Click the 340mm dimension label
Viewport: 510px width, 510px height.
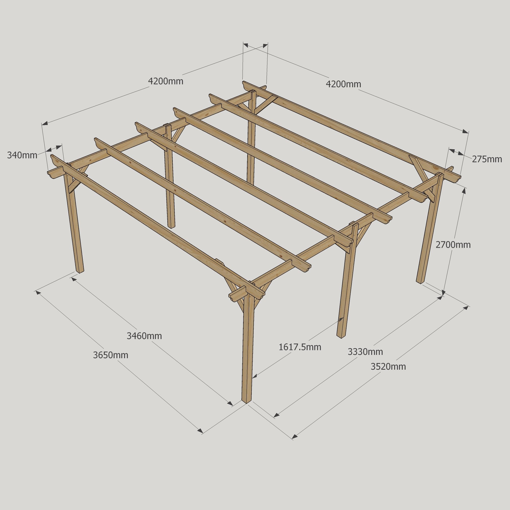[x=22, y=155]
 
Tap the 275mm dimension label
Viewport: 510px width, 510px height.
[x=487, y=159]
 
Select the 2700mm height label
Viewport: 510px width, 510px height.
[x=453, y=245]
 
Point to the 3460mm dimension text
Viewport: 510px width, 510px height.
[x=144, y=336]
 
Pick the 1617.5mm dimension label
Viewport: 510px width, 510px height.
[x=300, y=347]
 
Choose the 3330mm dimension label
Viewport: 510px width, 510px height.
[x=365, y=352]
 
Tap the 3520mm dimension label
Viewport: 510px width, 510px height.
[x=388, y=367]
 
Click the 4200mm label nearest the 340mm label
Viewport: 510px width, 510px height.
[x=166, y=81]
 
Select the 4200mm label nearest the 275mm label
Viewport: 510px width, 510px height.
[x=343, y=84]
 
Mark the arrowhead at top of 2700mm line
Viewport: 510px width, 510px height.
[x=464, y=190]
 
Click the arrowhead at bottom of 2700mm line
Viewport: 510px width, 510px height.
[x=443, y=292]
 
